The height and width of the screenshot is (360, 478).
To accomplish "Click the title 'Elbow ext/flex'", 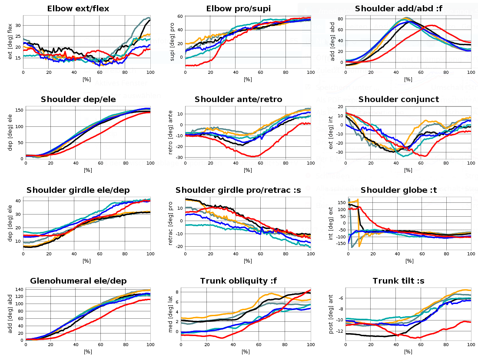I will click(x=78, y=8).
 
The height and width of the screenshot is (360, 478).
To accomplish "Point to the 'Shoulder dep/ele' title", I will click(x=78, y=99).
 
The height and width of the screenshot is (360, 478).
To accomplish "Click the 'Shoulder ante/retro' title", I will click(x=238, y=99).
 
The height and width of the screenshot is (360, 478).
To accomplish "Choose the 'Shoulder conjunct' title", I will click(x=398, y=99).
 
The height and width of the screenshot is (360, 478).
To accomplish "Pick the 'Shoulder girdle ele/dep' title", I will click(x=78, y=190).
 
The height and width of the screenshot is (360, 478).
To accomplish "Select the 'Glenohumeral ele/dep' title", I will click(x=78, y=281).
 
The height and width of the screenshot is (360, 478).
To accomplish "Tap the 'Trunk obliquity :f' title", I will click(x=238, y=281).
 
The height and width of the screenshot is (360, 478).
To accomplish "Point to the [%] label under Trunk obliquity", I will click(x=246, y=351).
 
